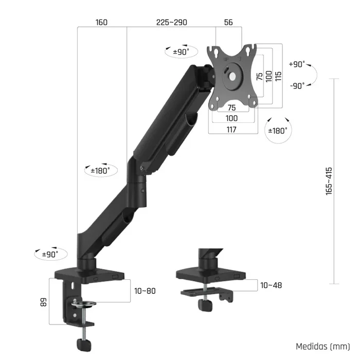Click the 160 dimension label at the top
[x=101, y=22]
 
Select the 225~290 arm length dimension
[x=172, y=22]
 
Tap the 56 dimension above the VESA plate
[x=229, y=22]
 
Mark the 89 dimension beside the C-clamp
[x=43, y=301]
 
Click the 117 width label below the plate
[x=231, y=130]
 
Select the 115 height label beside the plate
[x=278, y=76]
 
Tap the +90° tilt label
[x=297, y=64]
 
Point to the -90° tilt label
[x=297, y=86]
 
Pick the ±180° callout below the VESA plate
[x=278, y=131]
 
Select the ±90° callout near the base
[x=49, y=254]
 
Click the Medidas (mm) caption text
[x=322, y=347]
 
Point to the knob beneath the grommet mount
[x=205, y=304]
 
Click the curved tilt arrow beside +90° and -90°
[x=315, y=76]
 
